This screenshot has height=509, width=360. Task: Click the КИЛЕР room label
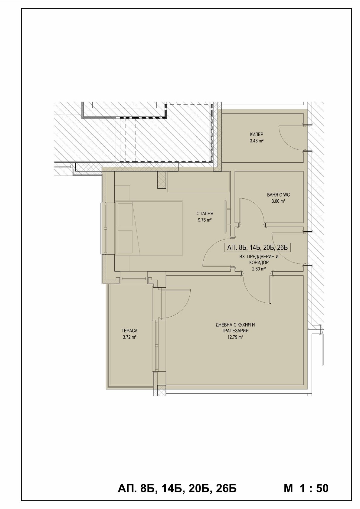(257, 135)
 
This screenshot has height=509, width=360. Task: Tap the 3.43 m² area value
(257, 141)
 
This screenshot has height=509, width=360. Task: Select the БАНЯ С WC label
(278, 195)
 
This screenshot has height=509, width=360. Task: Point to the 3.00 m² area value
(278, 201)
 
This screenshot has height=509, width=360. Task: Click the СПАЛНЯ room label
(205, 214)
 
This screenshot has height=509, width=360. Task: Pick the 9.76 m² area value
(205, 220)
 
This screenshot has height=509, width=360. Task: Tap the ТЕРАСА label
(129, 331)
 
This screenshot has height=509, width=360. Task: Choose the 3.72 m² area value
(129, 337)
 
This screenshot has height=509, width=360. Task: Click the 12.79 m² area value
(235, 337)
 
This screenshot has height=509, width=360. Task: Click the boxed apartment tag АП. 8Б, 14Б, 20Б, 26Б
(257, 247)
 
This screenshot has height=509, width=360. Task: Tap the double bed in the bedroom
(149, 228)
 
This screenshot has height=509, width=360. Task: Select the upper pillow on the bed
(125, 214)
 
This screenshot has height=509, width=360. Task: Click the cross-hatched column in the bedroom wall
(162, 180)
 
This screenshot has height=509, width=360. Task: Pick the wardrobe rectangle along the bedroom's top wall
(198, 182)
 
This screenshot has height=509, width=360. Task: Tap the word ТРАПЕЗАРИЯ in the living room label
(235, 331)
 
